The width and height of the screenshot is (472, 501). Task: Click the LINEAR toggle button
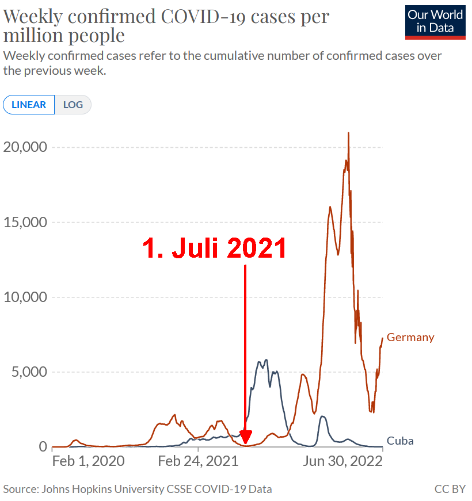(29, 105)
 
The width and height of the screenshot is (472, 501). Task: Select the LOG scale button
(73, 105)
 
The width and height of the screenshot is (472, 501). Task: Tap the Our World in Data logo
(435, 22)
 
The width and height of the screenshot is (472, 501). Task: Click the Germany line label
(410, 337)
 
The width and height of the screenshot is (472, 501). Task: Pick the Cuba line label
(400, 441)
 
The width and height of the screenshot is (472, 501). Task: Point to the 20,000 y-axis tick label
(25, 147)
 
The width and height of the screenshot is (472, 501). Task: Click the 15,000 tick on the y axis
(25, 223)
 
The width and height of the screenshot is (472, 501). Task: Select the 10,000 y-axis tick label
(25, 297)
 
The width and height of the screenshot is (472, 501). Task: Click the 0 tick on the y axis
(43, 447)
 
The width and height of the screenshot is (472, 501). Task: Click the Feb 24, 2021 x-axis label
(197, 461)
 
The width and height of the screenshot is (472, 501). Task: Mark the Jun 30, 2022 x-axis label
(343, 461)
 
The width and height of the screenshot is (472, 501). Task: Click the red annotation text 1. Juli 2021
(215, 248)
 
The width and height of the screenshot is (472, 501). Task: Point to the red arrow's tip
(245, 445)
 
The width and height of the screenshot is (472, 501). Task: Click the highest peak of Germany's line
(348, 133)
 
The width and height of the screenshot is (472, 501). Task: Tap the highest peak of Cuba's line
(265, 360)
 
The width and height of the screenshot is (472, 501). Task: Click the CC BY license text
(450, 489)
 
